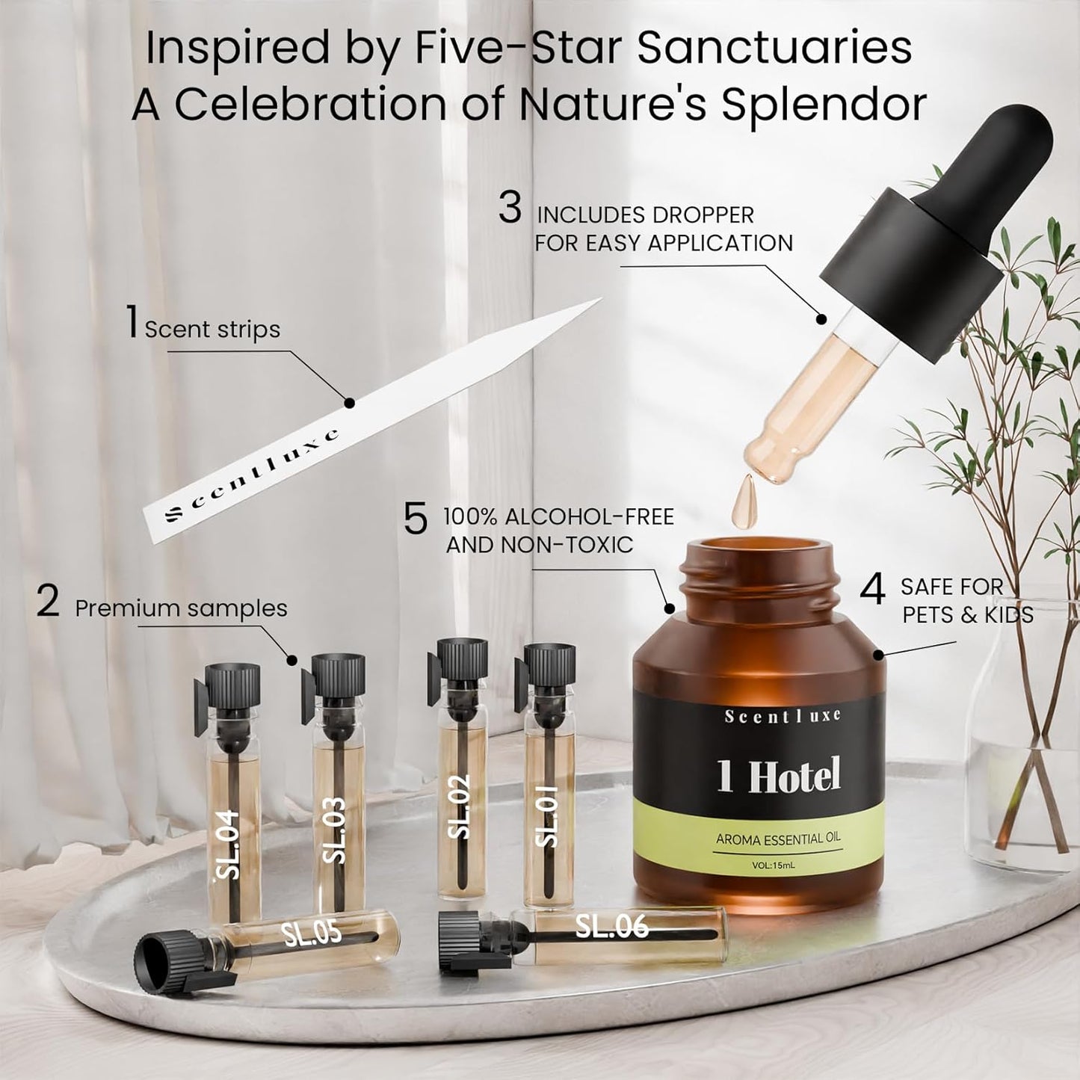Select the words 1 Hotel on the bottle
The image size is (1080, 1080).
pos(779,775)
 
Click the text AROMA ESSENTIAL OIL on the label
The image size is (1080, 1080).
pos(778,839)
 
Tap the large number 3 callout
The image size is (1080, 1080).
pos(510,209)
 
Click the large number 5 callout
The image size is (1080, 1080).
pos(416,519)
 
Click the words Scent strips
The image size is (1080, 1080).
pos(212,330)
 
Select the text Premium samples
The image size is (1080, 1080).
pos(181,608)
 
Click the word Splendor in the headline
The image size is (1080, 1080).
pos(824,104)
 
